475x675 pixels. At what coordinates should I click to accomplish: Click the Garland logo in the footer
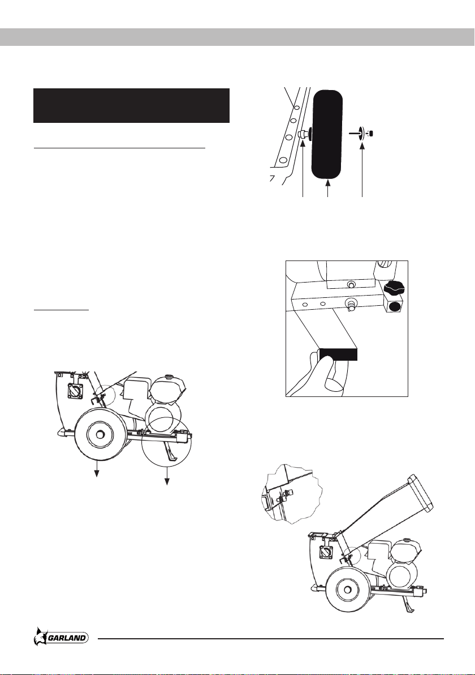[x=61, y=636]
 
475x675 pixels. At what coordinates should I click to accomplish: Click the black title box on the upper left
[x=132, y=105]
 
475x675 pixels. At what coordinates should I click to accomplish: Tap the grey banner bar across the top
[x=237, y=37]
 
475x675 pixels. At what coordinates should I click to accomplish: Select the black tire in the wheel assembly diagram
[x=327, y=134]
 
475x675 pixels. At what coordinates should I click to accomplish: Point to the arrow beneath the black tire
[x=328, y=189]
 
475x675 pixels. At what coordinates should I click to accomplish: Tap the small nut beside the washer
[x=372, y=134]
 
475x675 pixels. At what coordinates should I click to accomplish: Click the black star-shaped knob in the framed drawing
[x=395, y=287]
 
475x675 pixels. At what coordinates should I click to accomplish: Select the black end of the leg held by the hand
[x=338, y=354]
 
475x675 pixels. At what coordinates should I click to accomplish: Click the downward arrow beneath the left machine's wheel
[x=97, y=468]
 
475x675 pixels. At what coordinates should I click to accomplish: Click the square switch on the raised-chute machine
[x=325, y=552]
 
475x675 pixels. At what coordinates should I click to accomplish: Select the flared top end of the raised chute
[x=424, y=492]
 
